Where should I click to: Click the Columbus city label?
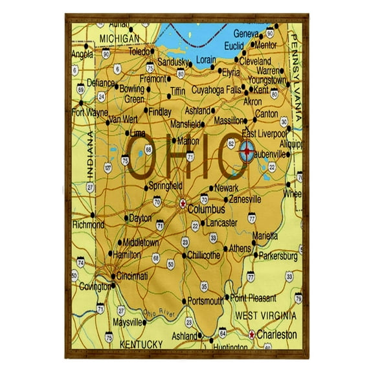pos(206,210)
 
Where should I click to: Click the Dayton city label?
pos(141,219)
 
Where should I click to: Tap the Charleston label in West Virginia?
pos(277,335)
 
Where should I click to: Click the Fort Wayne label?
pos(89,111)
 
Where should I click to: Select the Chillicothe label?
pos(203,255)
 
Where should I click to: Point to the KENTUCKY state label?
pos(141,344)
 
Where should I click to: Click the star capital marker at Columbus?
pos(183,203)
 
